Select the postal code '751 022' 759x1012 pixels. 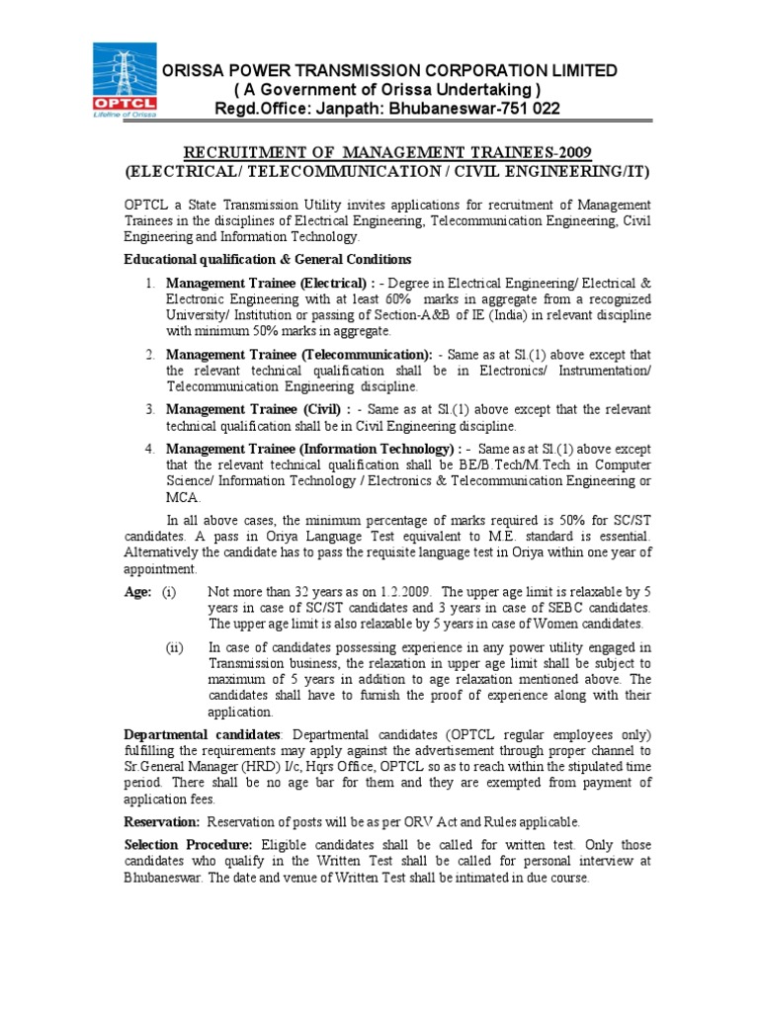526,108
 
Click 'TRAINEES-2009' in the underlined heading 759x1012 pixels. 540,152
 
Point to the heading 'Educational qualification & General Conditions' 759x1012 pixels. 267,259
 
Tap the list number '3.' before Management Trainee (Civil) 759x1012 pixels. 149,409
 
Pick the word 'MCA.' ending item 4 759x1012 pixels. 184,497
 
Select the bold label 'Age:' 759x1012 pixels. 137,592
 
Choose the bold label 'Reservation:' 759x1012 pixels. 162,822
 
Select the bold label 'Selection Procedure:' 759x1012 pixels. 188,846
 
